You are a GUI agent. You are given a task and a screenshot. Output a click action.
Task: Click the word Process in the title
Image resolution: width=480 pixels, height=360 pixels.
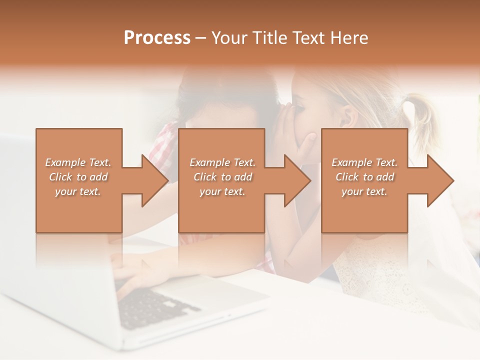[x=157, y=38]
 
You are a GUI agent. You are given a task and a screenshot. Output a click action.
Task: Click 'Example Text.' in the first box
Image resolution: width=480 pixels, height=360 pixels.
[x=78, y=162]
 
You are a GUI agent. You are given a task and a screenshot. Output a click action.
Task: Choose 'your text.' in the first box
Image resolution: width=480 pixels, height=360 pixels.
[x=78, y=191]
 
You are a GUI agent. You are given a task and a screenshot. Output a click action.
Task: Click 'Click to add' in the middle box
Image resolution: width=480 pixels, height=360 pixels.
[x=222, y=177]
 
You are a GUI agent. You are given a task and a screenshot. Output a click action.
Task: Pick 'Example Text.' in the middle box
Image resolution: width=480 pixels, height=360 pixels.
[x=222, y=162]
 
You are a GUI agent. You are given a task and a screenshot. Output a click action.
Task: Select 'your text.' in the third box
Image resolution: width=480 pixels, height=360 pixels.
[x=364, y=191]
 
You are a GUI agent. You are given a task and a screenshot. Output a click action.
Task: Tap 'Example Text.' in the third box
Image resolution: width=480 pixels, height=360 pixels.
[x=364, y=162]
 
